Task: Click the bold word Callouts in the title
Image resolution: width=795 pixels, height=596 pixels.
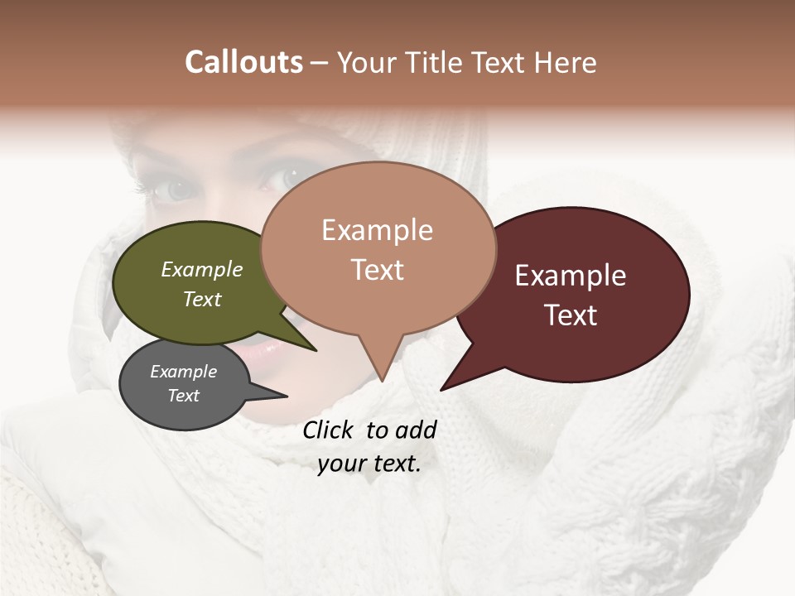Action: click(243, 62)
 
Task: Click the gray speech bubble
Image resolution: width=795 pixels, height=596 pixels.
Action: click(184, 385)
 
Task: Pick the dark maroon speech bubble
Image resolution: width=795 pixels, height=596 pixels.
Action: click(580, 294)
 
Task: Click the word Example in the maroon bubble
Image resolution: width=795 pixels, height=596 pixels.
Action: click(571, 276)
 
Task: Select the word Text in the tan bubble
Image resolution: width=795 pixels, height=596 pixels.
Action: click(378, 270)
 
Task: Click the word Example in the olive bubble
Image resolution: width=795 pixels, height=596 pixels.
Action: click(202, 270)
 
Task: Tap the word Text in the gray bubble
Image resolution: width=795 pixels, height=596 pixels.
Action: click(184, 396)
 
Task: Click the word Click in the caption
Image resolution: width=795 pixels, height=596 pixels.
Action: click(330, 430)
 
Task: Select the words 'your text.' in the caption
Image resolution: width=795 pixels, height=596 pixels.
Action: click(369, 464)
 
